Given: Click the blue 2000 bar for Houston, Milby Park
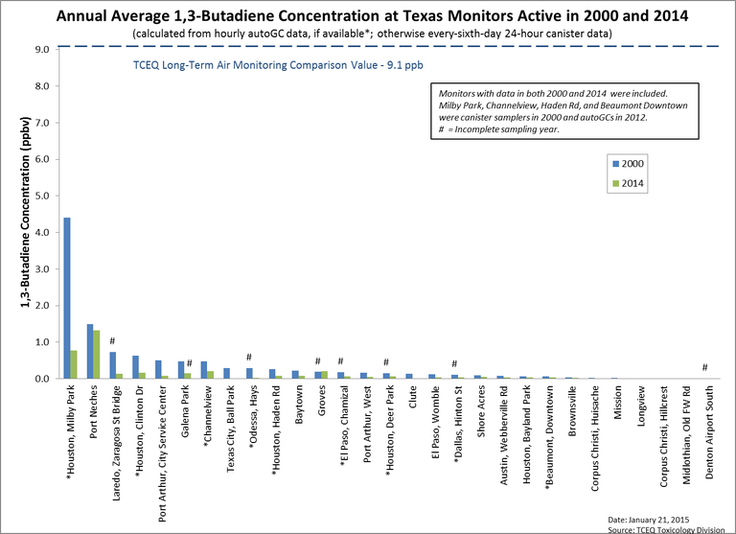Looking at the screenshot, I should pos(67,298).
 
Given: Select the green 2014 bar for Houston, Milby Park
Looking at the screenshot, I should pos(74,364).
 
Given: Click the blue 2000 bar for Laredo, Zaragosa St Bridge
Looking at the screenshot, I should pos(112,365).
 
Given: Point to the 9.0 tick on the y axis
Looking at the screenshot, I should pos(44,49).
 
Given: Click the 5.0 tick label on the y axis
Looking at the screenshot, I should pos(44,196).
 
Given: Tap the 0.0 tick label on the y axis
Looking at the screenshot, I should pos(44,379).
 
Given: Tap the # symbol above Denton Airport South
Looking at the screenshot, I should pos(704,368).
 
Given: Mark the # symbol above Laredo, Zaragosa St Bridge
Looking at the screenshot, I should pos(112,342).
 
